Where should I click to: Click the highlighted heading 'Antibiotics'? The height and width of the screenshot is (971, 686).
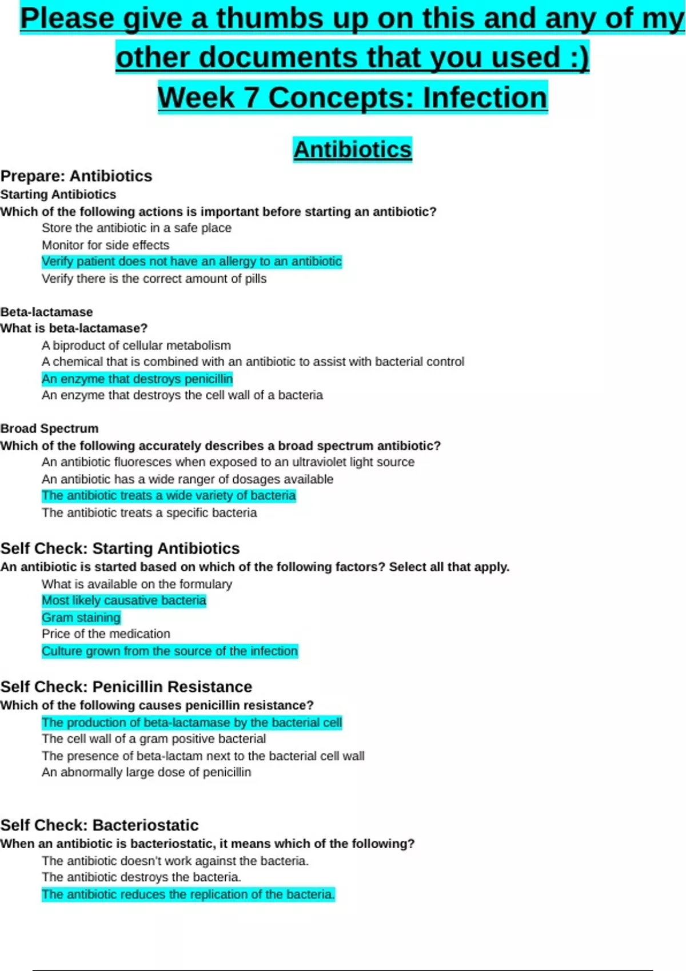pyautogui.click(x=352, y=150)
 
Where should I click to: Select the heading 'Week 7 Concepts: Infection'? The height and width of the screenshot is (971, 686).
pyautogui.click(x=352, y=97)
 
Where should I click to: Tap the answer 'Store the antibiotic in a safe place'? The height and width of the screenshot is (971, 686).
pyautogui.click(x=136, y=228)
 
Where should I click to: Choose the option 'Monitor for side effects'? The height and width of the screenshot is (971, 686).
pyautogui.click(x=105, y=245)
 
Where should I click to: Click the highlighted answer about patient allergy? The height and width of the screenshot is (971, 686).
pyautogui.click(x=192, y=262)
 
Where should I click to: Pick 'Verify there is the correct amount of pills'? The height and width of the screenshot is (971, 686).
pyautogui.click(x=154, y=279)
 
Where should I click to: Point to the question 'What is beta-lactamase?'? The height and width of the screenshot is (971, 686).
pyautogui.click(x=74, y=328)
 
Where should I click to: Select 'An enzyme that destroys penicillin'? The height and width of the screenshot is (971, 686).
pyautogui.click(x=137, y=379)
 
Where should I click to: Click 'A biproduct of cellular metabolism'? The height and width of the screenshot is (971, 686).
pyautogui.click(x=136, y=346)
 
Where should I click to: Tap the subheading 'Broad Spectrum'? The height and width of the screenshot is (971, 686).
pyautogui.click(x=49, y=428)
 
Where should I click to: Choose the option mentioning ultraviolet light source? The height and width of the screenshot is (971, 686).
pyautogui.click(x=228, y=462)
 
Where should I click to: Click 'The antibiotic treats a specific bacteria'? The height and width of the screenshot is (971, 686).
pyautogui.click(x=149, y=513)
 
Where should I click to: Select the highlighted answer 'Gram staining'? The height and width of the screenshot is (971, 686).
pyautogui.click(x=81, y=617)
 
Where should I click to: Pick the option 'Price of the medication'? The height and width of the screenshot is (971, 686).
pyautogui.click(x=106, y=634)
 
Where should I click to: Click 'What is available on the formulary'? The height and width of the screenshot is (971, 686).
pyautogui.click(x=137, y=584)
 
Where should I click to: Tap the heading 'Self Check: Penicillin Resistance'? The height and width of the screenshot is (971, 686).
pyautogui.click(x=126, y=687)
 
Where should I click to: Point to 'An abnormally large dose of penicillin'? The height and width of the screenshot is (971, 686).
pyautogui.click(x=146, y=772)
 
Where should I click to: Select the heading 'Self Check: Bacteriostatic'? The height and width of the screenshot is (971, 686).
pyautogui.click(x=99, y=825)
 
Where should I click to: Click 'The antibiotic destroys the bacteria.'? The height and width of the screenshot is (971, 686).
pyautogui.click(x=141, y=877)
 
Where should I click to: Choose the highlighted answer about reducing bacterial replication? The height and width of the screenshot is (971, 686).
pyautogui.click(x=188, y=894)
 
